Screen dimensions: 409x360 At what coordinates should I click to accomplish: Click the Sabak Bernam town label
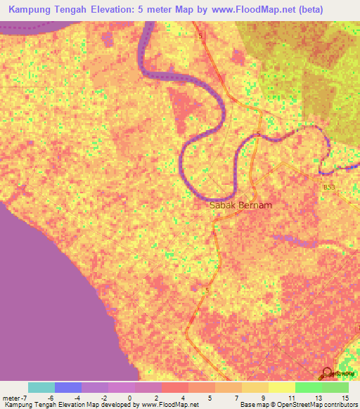241,206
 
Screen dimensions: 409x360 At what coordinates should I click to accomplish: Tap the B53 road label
329,189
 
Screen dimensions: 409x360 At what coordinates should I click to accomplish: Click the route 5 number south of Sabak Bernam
207,289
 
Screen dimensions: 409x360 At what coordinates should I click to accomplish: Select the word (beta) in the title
335,11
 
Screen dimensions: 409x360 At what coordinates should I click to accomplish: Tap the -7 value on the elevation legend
23,397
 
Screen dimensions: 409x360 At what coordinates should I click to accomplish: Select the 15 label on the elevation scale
345,397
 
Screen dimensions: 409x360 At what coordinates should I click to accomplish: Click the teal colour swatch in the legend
41,387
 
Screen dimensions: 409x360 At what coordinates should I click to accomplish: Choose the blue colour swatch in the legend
68,387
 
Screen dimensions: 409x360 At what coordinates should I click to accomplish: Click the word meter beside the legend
10,397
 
